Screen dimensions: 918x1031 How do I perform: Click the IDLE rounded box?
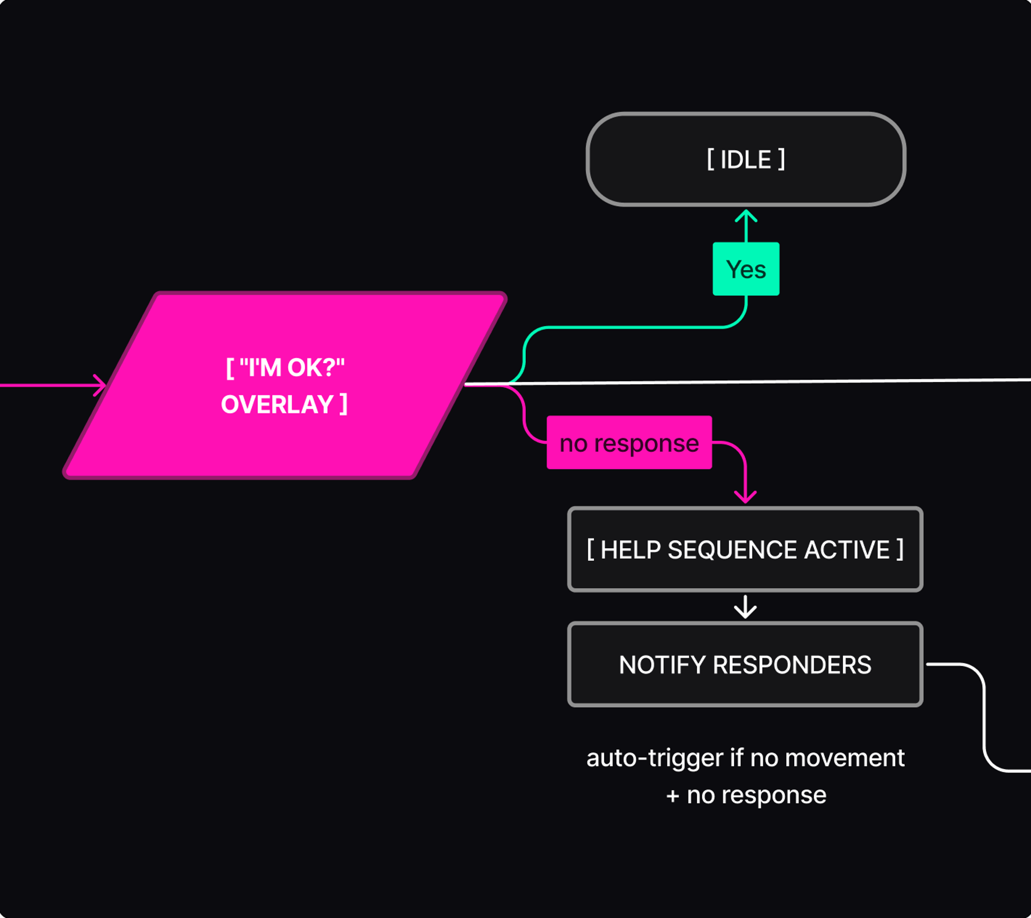(x=746, y=159)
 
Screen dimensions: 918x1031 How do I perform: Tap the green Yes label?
(x=746, y=269)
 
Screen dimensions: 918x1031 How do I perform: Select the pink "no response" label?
(x=629, y=443)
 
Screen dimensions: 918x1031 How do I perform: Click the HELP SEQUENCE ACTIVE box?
(x=745, y=550)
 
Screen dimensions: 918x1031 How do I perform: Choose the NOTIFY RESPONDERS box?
(x=745, y=664)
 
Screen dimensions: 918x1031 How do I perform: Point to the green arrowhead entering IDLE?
(x=746, y=216)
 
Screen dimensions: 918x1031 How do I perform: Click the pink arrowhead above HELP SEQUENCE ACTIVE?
(x=745, y=497)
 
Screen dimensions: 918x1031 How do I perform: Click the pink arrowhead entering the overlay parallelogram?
(x=100, y=385)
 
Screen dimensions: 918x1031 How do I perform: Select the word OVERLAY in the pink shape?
(x=278, y=404)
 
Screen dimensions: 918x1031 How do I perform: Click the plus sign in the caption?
(x=673, y=796)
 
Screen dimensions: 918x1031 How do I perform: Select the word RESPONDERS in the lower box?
(x=792, y=664)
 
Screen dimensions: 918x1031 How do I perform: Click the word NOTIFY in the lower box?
(x=662, y=664)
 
